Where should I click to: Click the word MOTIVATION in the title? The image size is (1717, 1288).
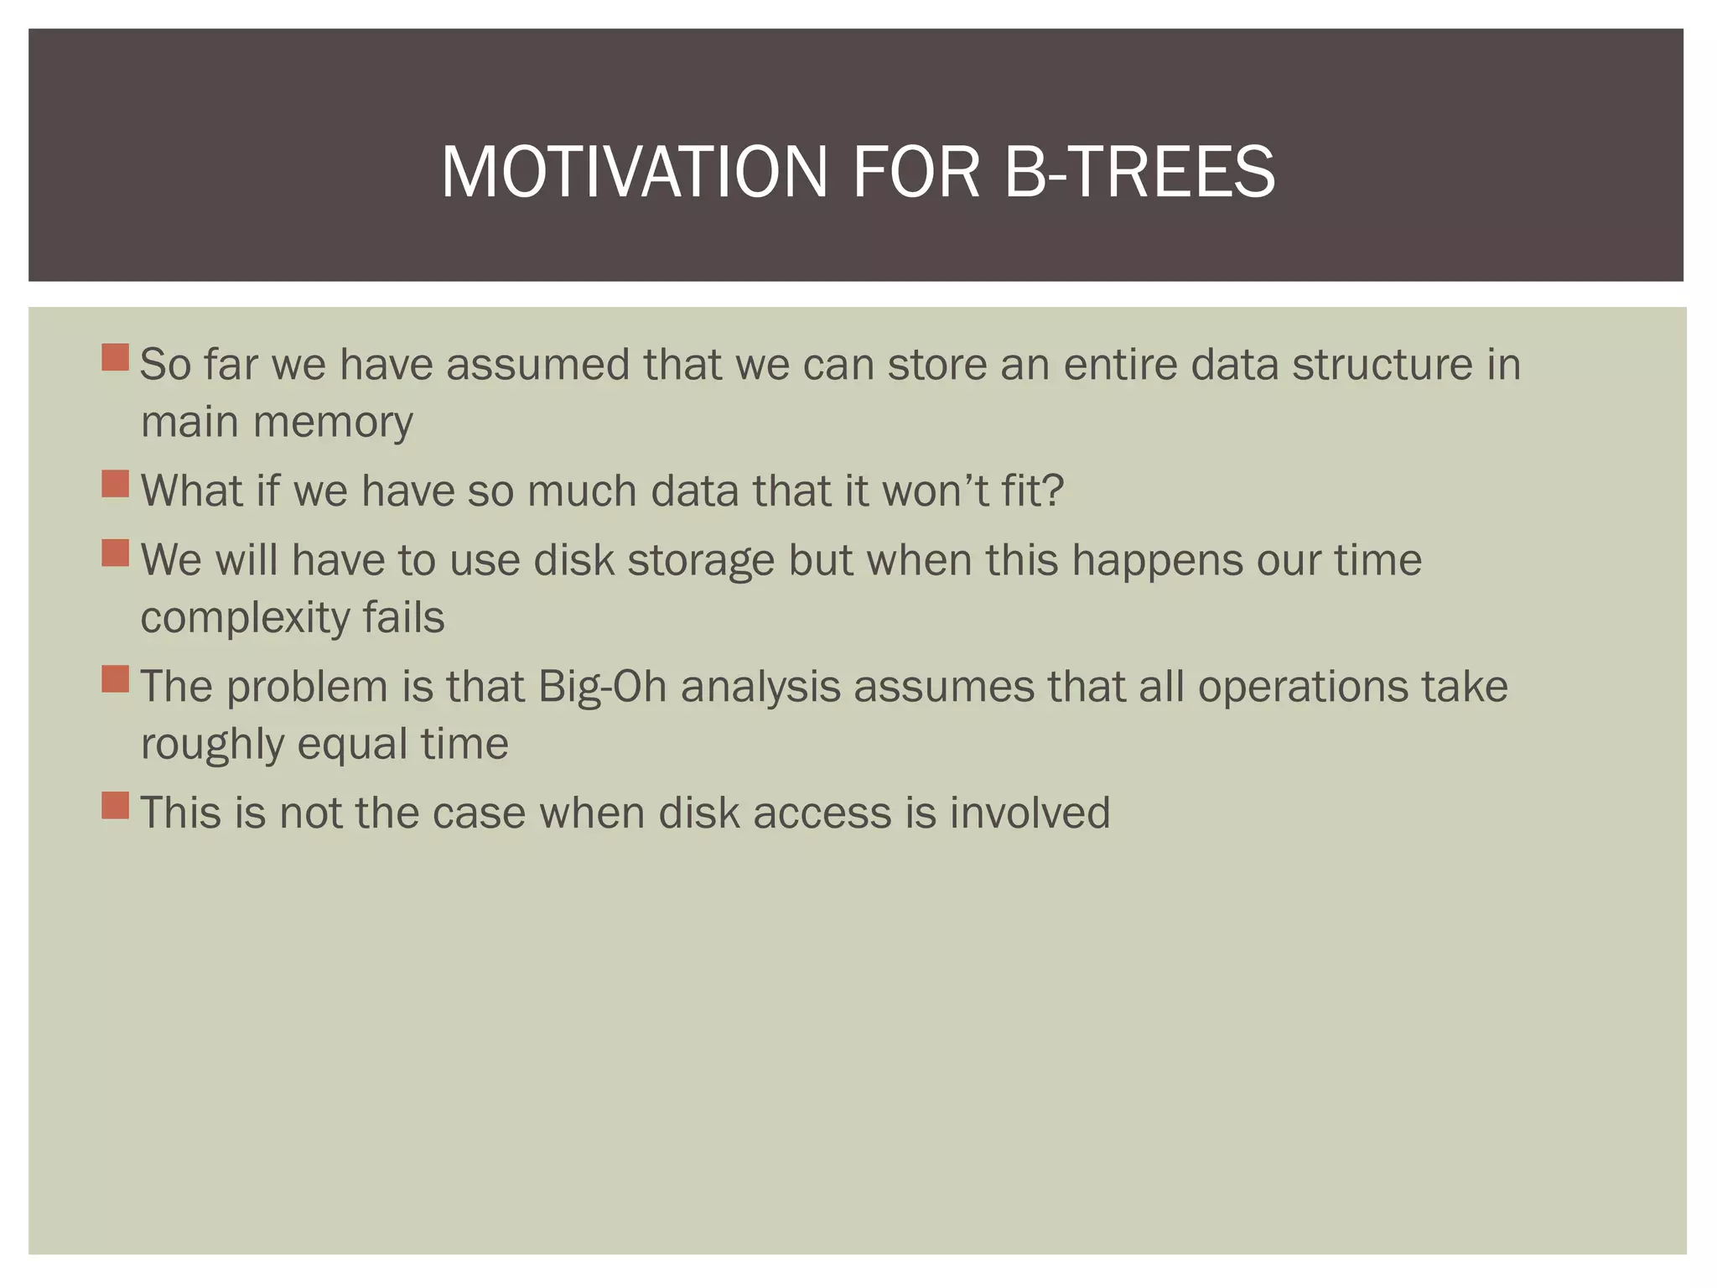(x=634, y=172)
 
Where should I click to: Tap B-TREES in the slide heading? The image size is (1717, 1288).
(x=1139, y=172)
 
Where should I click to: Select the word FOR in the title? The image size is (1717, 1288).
(x=916, y=172)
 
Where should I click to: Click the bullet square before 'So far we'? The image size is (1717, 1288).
(x=116, y=357)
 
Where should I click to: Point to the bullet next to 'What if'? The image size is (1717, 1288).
(x=116, y=484)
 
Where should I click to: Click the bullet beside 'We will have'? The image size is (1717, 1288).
(x=116, y=553)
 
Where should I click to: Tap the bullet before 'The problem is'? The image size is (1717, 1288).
(x=116, y=679)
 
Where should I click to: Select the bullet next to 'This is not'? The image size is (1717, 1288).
(x=116, y=806)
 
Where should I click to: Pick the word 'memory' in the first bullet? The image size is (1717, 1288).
(x=333, y=423)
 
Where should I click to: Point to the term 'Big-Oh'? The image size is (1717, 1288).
(x=602, y=688)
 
